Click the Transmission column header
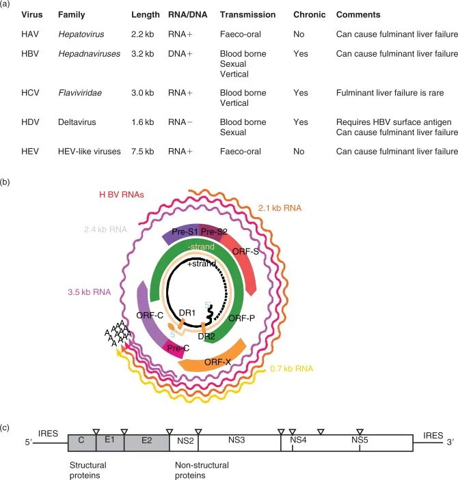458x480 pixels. (247, 14)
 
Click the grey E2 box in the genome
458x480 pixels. (146, 442)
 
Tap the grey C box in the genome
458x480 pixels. (81, 442)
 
